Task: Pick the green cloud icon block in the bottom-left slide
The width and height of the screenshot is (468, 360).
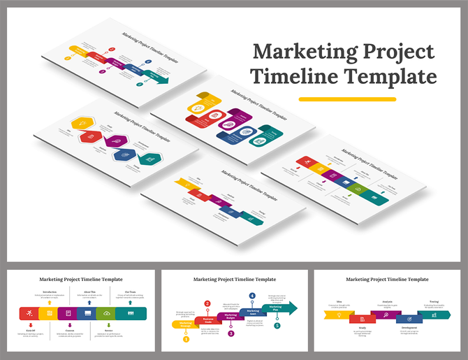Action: point(106,313)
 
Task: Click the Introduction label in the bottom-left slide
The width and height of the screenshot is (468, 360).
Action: point(50,292)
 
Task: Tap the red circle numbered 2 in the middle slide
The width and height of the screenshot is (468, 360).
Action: point(207,303)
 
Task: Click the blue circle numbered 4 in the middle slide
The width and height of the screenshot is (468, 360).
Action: point(251,296)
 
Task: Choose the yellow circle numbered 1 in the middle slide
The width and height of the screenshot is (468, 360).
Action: point(186,339)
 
